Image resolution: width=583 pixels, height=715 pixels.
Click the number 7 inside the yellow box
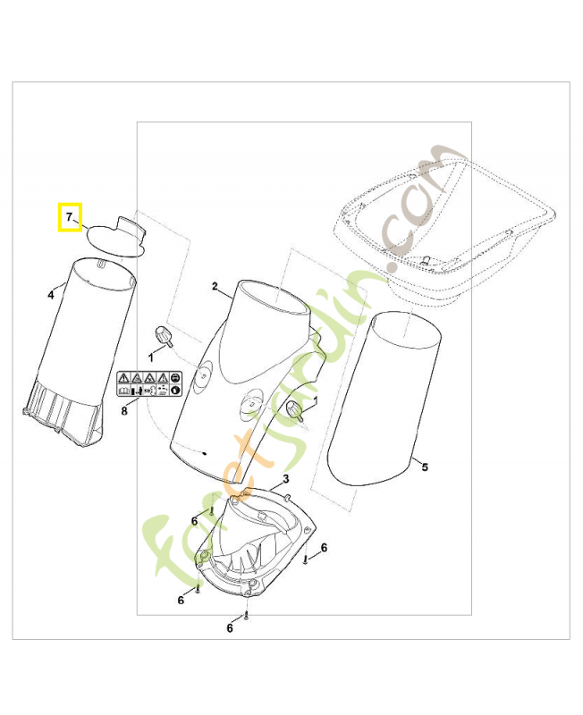(x=68, y=215)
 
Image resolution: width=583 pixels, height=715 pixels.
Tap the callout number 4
(x=51, y=294)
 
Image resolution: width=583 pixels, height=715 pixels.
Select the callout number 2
(x=215, y=286)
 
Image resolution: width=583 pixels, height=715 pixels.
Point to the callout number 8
(x=125, y=411)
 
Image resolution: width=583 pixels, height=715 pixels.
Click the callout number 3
(x=286, y=480)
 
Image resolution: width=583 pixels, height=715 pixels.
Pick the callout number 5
(x=425, y=467)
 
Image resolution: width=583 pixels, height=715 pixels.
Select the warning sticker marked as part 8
(x=149, y=384)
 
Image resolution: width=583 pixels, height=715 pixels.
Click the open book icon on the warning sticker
(x=123, y=390)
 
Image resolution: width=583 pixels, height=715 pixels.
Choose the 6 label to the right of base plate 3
(x=324, y=547)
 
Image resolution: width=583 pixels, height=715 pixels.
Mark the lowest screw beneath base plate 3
(x=245, y=617)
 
